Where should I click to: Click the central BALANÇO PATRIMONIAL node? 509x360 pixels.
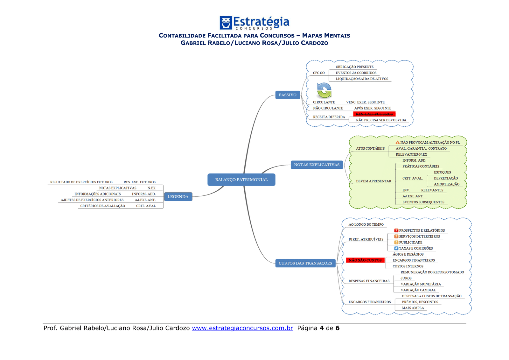pos(241,180)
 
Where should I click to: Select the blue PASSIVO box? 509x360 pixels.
pos(288,95)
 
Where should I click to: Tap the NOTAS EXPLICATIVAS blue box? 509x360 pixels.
pos(317,165)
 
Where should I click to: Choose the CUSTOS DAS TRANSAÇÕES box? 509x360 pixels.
pos(305,263)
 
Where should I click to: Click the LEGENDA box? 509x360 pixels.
pos(178,197)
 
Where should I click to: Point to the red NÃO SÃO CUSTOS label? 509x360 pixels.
pos(365,260)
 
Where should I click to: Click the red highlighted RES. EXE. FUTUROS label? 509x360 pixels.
pos(374,114)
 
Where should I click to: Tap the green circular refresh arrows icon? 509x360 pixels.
pos(324,90)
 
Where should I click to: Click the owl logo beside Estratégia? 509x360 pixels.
pos(226,23)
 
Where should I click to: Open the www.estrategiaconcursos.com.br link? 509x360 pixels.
pos(242,328)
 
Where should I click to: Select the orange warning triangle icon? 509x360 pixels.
pos(397,142)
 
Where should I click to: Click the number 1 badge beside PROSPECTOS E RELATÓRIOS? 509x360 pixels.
pos(396,230)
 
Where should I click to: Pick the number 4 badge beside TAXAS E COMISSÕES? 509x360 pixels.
pos(396,248)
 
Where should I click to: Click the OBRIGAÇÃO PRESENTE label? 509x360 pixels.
pos(354,67)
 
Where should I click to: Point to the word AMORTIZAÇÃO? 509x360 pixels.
pos(446,184)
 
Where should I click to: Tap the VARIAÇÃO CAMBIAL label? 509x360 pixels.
pos(418,290)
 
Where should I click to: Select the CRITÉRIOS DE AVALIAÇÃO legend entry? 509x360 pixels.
pos(102,206)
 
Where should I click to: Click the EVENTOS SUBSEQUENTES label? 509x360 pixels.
pos(423,202)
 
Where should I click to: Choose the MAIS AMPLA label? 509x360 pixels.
pos(413,308)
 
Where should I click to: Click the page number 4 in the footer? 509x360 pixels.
pos(322,328)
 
